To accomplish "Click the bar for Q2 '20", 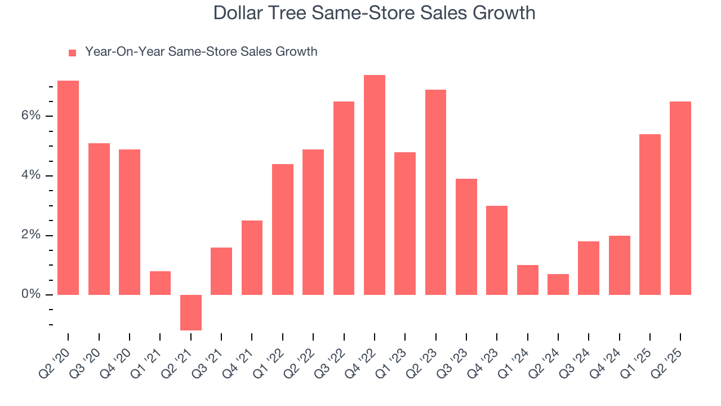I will pos(68,188).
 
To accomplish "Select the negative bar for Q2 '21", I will pos(191,312).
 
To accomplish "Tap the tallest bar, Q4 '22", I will pos(375,185).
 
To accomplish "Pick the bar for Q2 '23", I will pos(435,192).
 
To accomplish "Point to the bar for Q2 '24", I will pos(558,284).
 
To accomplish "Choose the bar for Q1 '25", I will pos(650,214).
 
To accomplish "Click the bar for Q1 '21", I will pos(160,283).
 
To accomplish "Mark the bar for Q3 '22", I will pos(344,198).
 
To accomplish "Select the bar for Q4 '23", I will pos(497,250).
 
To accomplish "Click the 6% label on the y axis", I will pos(31,116).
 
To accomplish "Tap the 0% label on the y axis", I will pos(31,294).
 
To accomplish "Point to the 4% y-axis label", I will pos(31,175).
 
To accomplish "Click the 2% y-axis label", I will pos(31,235).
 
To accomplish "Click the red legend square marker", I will pos(72,53).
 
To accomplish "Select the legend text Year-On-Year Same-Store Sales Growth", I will pos(201,52).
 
